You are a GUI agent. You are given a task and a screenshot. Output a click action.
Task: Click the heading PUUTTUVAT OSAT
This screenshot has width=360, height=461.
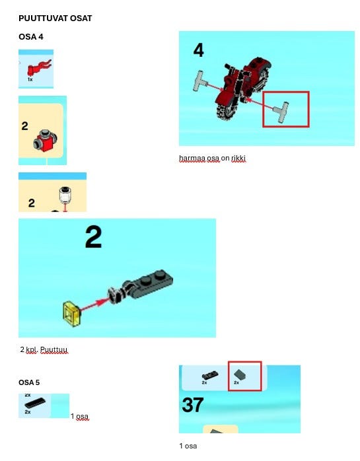[x=55, y=18]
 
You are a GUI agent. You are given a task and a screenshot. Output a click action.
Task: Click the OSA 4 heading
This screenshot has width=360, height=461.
[x=31, y=37]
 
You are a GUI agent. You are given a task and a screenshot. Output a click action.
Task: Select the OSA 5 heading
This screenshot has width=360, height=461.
[x=29, y=382]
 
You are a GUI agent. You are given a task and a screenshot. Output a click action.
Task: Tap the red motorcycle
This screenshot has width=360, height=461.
[x=243, y=89]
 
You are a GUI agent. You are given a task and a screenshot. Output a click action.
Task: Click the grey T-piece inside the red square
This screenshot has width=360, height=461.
[x=281, y=112]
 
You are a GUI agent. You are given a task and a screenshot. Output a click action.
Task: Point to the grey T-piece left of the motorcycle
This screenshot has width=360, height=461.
[x=199, y=81]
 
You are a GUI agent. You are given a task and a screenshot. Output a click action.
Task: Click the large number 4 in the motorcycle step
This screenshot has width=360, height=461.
[x=199, y=50]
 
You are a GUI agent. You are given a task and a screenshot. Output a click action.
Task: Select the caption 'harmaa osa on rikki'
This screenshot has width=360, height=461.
[x=212, y=158]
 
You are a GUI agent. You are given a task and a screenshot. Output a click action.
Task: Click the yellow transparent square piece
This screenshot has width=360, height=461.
[x=72, y=314]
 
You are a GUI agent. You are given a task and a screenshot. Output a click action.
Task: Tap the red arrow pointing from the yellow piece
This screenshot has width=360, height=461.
[x=94, y=304]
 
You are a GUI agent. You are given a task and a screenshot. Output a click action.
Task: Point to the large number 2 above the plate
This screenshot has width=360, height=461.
[x=94, y=237]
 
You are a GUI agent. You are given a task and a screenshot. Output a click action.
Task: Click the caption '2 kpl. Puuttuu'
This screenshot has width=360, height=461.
[x=44, y=349]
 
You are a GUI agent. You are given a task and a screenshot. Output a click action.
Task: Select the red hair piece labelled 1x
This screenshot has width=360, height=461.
[x=38, y=68]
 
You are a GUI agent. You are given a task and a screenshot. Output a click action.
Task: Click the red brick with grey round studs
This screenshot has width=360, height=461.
[x=45, y=141]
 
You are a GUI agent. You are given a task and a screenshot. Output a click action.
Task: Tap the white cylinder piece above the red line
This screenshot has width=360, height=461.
[x=65, y=195]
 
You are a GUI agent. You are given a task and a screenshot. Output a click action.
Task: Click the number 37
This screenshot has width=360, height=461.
[x=193, y=405]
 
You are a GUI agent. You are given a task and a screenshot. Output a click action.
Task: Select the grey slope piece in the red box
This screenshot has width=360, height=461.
[x=240, y=374]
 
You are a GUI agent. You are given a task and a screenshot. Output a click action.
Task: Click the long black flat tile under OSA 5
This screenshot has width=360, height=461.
[x=35, y=403]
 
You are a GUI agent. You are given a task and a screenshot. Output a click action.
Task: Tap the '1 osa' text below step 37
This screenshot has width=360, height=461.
[x=188, y=446]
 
